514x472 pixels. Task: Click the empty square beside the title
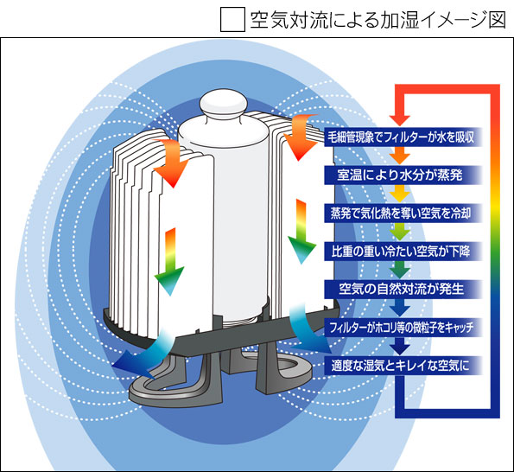coord(232,19)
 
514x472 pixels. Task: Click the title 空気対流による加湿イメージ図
coord(378,20)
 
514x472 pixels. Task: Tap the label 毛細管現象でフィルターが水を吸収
coord(401,137)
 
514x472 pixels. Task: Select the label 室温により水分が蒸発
coord(400,175)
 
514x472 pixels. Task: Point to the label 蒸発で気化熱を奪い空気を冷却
coord(401,214)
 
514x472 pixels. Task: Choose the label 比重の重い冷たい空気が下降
coord(400,252)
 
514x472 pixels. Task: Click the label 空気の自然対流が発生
coord(401,289)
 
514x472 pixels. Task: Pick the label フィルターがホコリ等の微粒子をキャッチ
coord(401,328)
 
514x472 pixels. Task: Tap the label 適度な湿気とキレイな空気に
coord(400,365)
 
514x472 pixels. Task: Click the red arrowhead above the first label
coord(400,120)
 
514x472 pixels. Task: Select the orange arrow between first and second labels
coord(400,156)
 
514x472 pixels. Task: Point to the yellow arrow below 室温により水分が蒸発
coord(400,194)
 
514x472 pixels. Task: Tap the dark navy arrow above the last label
coord(400,346)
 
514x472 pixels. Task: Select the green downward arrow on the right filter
coord(301,231)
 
